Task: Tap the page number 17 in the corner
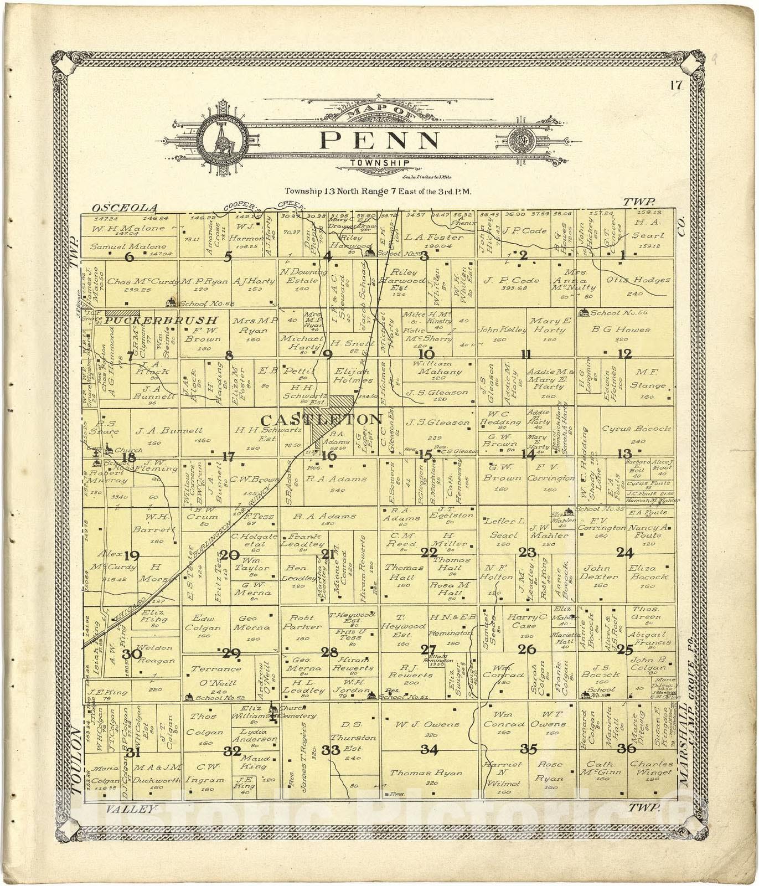click(x=675, y=86)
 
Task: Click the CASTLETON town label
click(x=321, y=419)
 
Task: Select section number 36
click(x=627, y=749)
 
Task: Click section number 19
click(x=132, y=555)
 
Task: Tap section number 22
click(x=429, y=553)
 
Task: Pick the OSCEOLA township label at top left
click(x=125, y=208)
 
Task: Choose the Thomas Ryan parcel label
click(x=426, y=774)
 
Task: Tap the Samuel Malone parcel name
click(x=128, y=246)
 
